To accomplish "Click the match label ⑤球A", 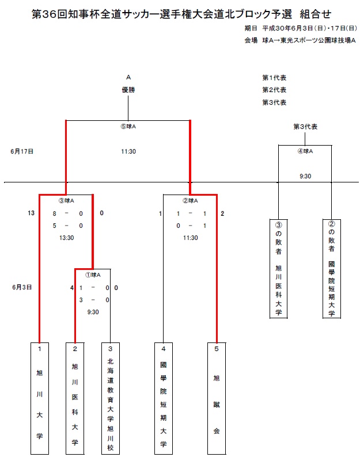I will coord(128,127).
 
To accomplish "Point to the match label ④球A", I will coord(305,151).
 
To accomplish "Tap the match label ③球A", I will coord(66,201).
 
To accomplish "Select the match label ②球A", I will coord(190,201).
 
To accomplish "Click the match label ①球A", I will coord(93,275).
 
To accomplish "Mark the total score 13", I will coord(31,214).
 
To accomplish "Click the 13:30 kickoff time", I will coord(66,237).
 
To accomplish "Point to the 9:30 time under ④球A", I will coord(305,176).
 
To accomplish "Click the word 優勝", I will coord(128,90).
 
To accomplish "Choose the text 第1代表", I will coord(274,77).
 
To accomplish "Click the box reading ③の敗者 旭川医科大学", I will coord(278,268).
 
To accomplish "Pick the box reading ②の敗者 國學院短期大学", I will coord(332,268).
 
